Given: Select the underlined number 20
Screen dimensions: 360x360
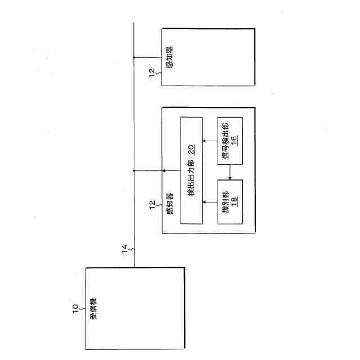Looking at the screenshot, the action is [x=191, y=149].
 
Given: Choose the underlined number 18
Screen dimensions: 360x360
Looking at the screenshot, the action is [x=234, y=200].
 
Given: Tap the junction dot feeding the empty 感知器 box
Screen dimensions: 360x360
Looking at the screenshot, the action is [x=134, y=57].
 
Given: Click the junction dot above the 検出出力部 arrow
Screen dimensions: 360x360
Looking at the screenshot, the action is [x=134, y=171].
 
